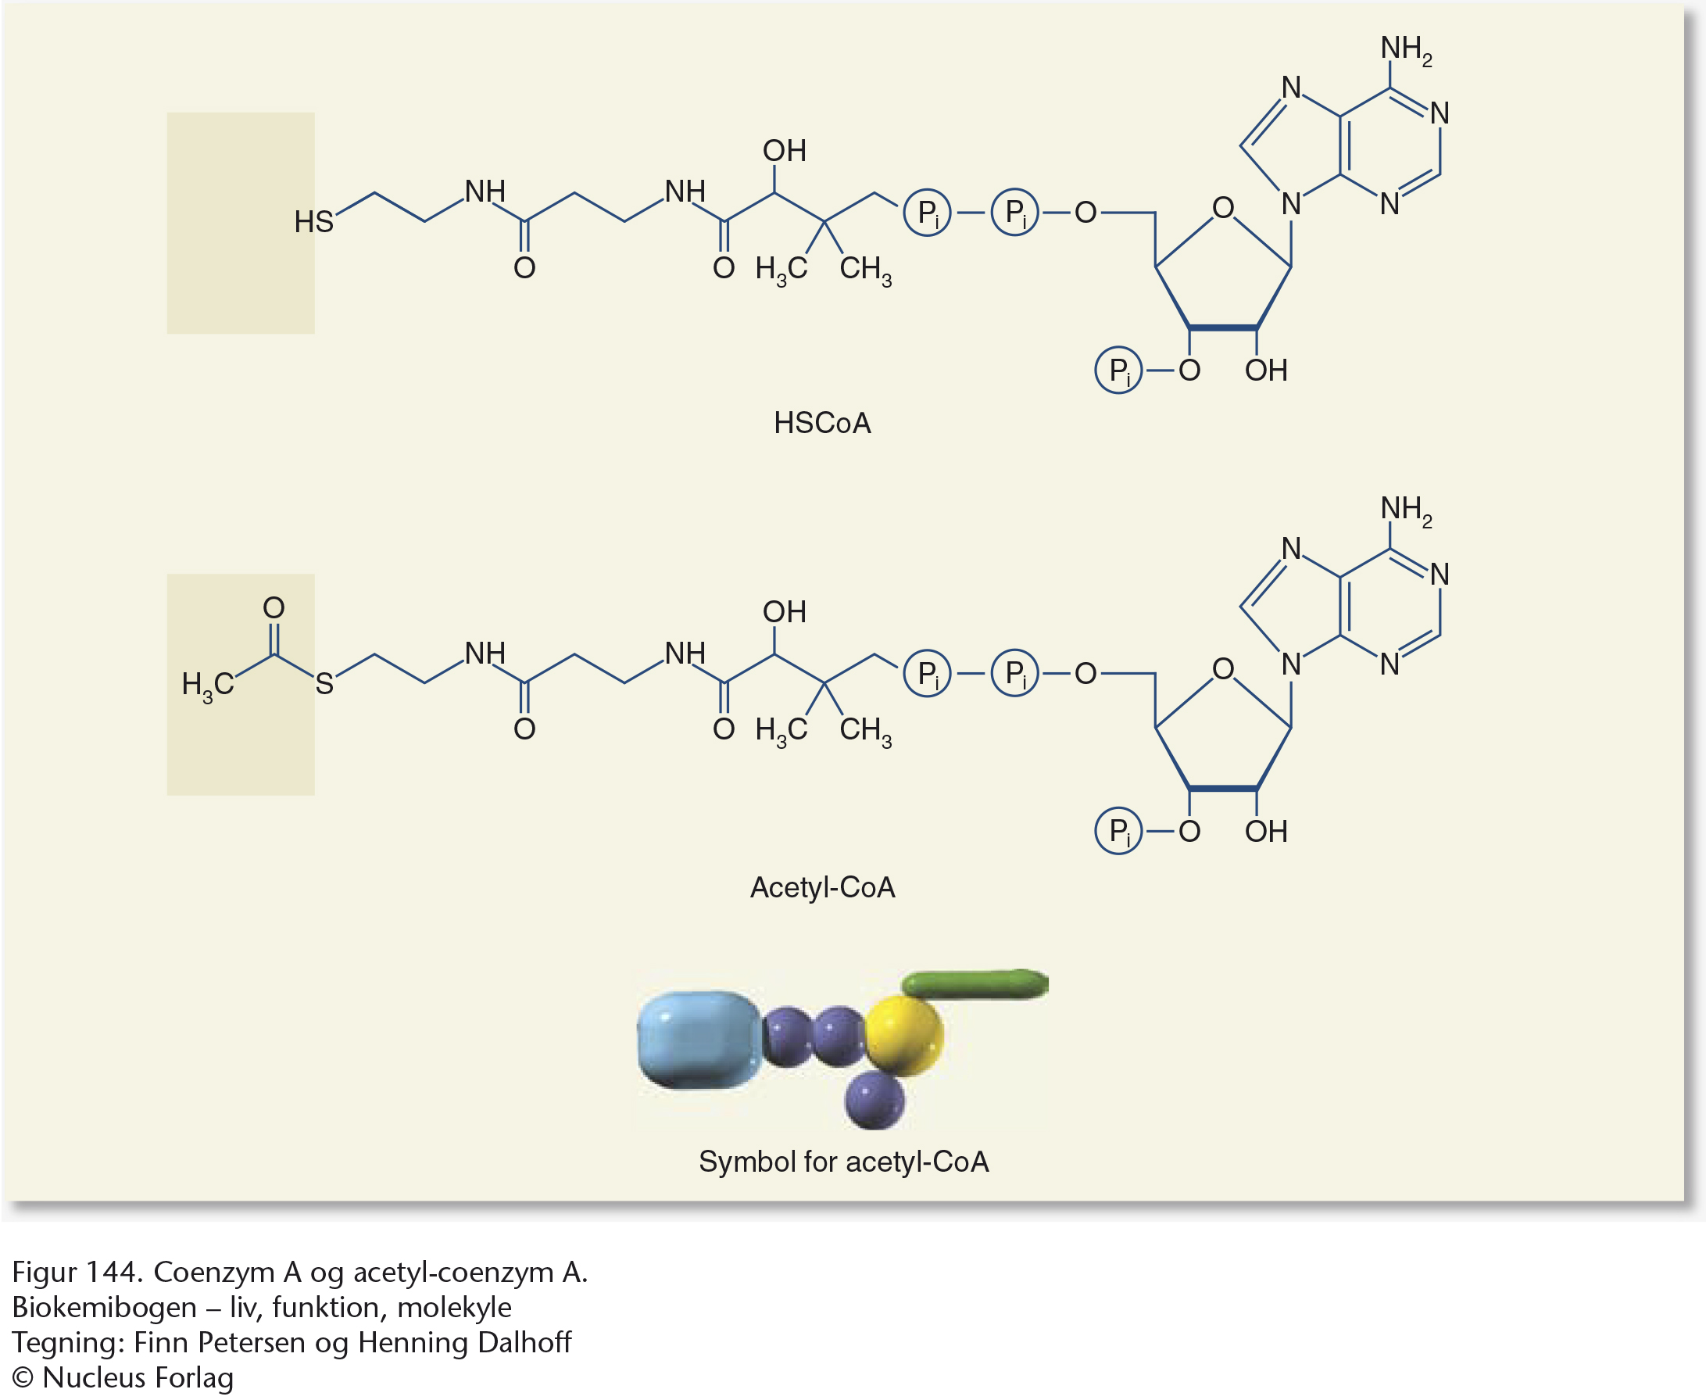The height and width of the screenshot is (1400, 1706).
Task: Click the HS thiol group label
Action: [x=313, y=221]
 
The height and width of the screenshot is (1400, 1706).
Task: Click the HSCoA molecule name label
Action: [x=821, y=423]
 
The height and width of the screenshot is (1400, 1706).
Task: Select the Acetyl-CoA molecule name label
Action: [x=821, y=887]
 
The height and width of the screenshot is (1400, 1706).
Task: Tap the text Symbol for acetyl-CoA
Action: [x=842, y=1162]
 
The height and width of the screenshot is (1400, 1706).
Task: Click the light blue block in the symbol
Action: [x=697, y=1040]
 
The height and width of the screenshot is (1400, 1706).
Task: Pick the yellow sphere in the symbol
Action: [x=903, y=1036]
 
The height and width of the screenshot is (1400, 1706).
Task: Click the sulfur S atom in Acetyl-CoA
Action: [x=324, y=684]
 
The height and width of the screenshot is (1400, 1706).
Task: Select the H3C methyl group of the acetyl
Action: [x=207, y=685]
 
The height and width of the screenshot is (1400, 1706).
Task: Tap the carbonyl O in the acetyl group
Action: [x=274, y=607]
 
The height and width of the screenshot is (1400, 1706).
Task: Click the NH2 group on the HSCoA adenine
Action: [x=1405, y=49]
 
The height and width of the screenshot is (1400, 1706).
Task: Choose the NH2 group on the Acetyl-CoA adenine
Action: [x=1405, y=510]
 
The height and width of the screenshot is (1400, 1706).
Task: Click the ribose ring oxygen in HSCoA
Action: [x=1222, y=208]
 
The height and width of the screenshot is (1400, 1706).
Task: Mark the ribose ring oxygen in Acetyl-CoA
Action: [x=1222, y=668]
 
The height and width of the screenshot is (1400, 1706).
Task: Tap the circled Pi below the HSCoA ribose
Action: [x=1118, y=371]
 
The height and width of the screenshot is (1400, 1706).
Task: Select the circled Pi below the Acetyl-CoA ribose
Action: [x=1118, y=831]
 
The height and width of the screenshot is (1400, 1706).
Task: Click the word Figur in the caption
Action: [x=45, y=1272]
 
